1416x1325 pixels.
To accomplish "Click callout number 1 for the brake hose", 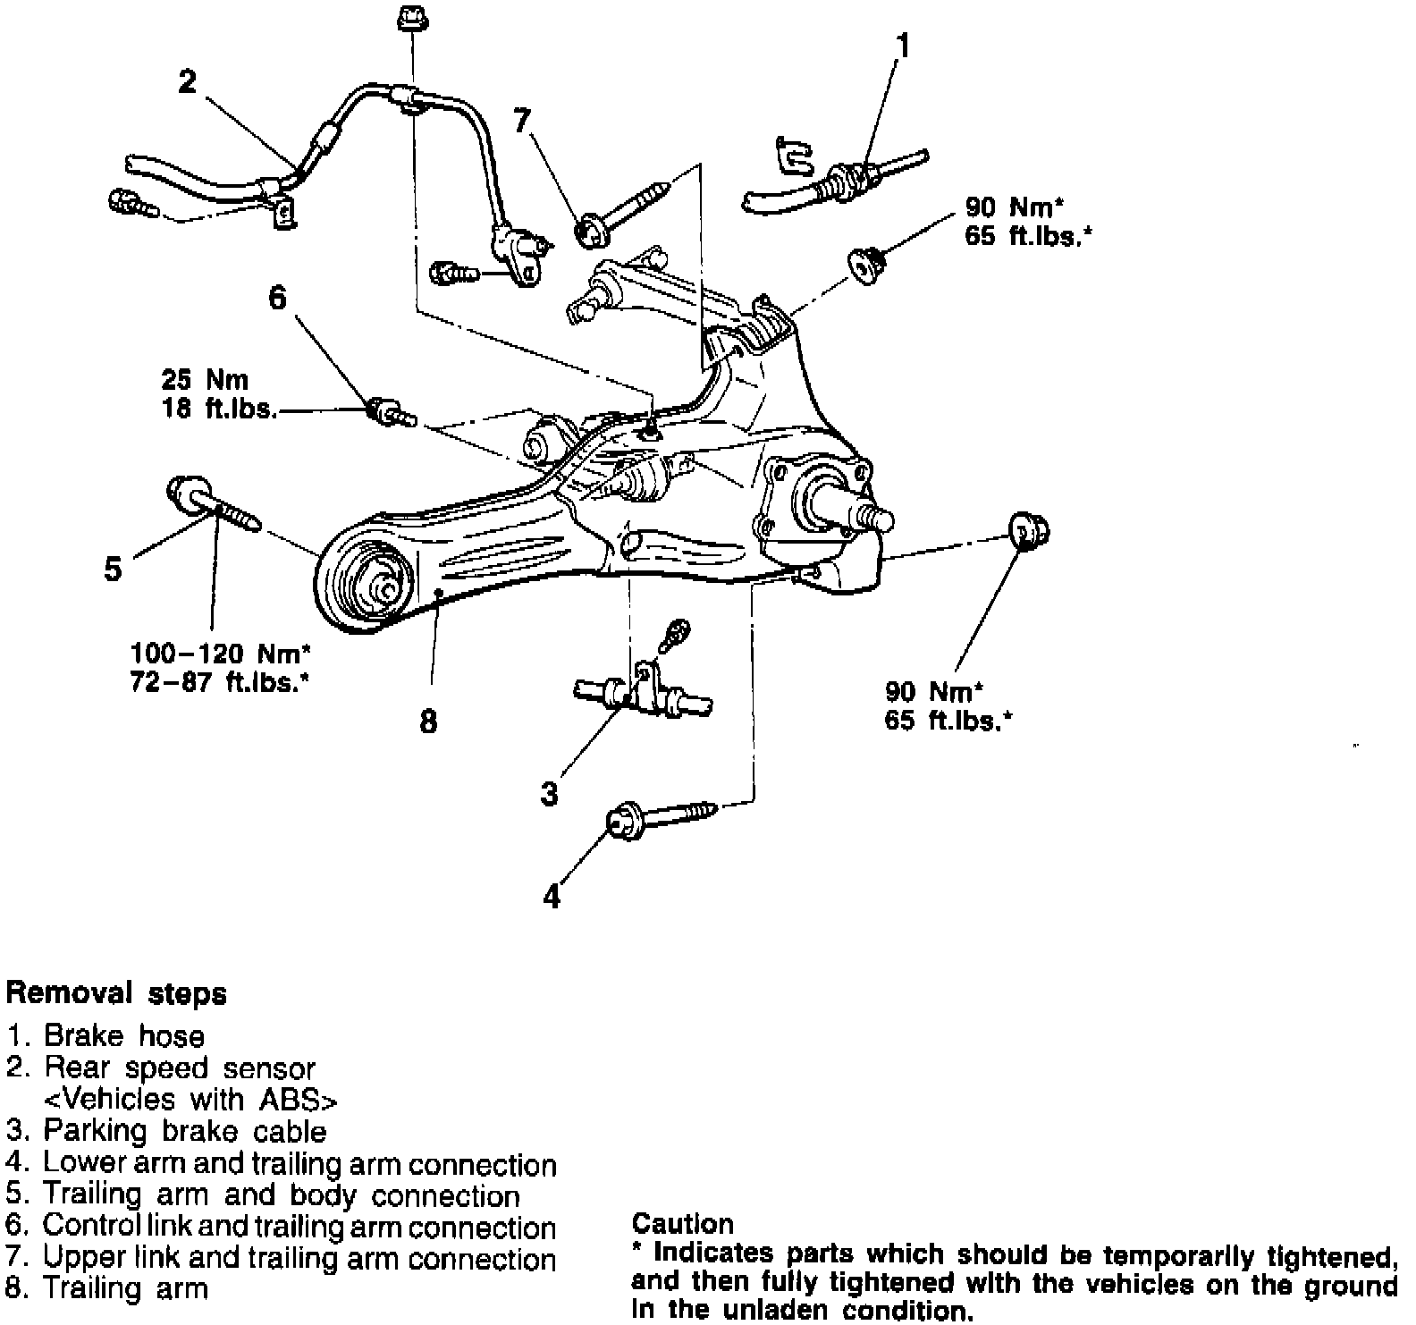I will click(x=904, y=45).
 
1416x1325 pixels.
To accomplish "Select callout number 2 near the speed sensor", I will click(x=187, y=82).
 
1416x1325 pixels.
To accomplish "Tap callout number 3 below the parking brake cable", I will click(x=550, y=792).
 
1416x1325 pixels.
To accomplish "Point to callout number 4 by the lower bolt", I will click(x=552, y=895).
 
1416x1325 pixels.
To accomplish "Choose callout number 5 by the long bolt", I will click(x=113, y=569).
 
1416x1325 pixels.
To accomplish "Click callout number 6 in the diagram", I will click(x=278, y=298).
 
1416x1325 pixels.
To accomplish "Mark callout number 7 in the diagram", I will click(x=522, y=120).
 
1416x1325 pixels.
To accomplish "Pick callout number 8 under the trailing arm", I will click(x=429, y=721).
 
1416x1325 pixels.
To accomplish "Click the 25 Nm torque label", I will click(x=205, y=380).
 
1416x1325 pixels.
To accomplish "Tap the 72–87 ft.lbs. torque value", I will click(x=221, y=683).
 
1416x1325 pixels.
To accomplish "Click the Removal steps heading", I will click(x=116, y=993).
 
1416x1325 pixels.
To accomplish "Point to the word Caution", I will click(x=682, y=1223).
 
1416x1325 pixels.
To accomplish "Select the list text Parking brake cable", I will click(x=185, y=1131).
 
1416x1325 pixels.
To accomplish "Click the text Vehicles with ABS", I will click(x=191, y=1099).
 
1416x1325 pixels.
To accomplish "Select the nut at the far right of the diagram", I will click(x=1028, y=532).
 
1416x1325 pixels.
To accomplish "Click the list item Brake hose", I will click(x=124, y=1036).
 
